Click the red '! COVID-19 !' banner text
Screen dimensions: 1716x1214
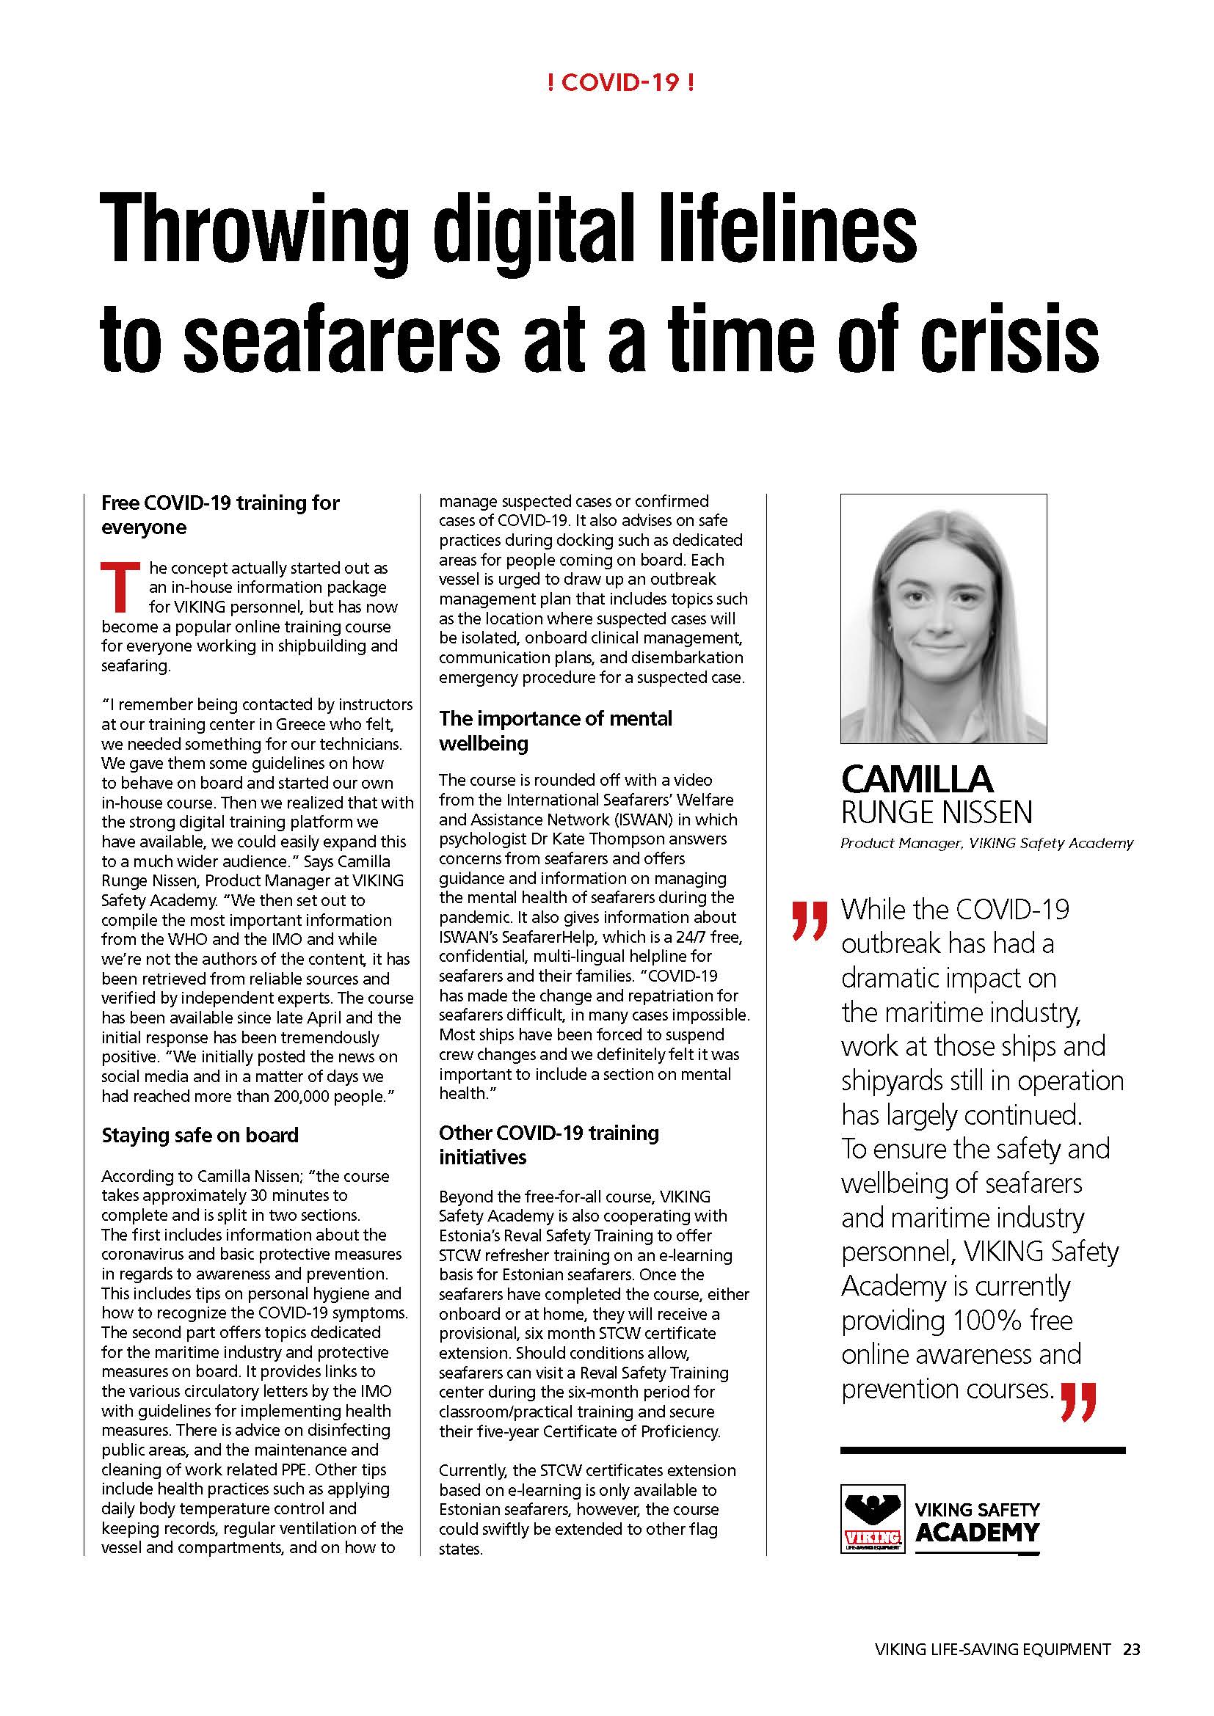pyautogui.click(x=620, y=83)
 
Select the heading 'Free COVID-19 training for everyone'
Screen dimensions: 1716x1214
pyautogui.click(x=220, y=515)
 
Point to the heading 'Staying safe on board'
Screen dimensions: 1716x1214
pyautogui.click(x=200, y=1135)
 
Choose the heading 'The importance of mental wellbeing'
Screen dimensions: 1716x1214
pyautogui.click(x=555, y=730)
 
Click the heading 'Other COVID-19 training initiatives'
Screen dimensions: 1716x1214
pyautogui.click(x=548, y=1144)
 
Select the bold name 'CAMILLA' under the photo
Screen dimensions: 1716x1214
pyautogui.click(x=917, y=779)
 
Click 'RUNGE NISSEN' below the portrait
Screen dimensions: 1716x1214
pyautogui.click(x=936, y=812)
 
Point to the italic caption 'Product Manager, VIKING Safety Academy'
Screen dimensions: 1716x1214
pyautogui.click(x=986, y=844)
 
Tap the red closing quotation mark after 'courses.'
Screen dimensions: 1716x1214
pyautogui.click(x=1078, y=1401)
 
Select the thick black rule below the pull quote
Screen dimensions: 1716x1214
pyautogui.click(x=982, y=1450)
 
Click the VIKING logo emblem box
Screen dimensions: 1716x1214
pyautogui.click(x=873, y=1519)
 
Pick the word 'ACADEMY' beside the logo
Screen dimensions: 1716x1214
pyautogui.click(x=977, y=1532)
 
